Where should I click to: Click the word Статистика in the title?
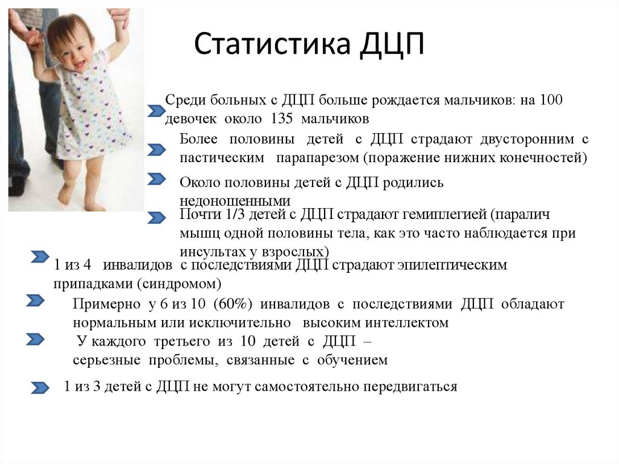(x=272, y=43)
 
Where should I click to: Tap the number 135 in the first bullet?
(x=282, y=119)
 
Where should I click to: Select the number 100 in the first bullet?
(x=551, y=99)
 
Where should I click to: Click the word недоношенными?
(x=235, y=201)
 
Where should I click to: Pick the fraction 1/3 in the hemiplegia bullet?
(x=236, y=215)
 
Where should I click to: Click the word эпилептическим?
(x=452, y=265)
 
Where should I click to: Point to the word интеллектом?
(x=406, y=323)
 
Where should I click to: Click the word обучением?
(x=352, y=360)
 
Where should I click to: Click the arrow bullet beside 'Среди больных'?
(x=157, y=111)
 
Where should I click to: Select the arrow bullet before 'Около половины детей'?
(x=157, y=178)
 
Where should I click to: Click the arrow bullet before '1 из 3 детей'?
(x=40, y=388)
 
